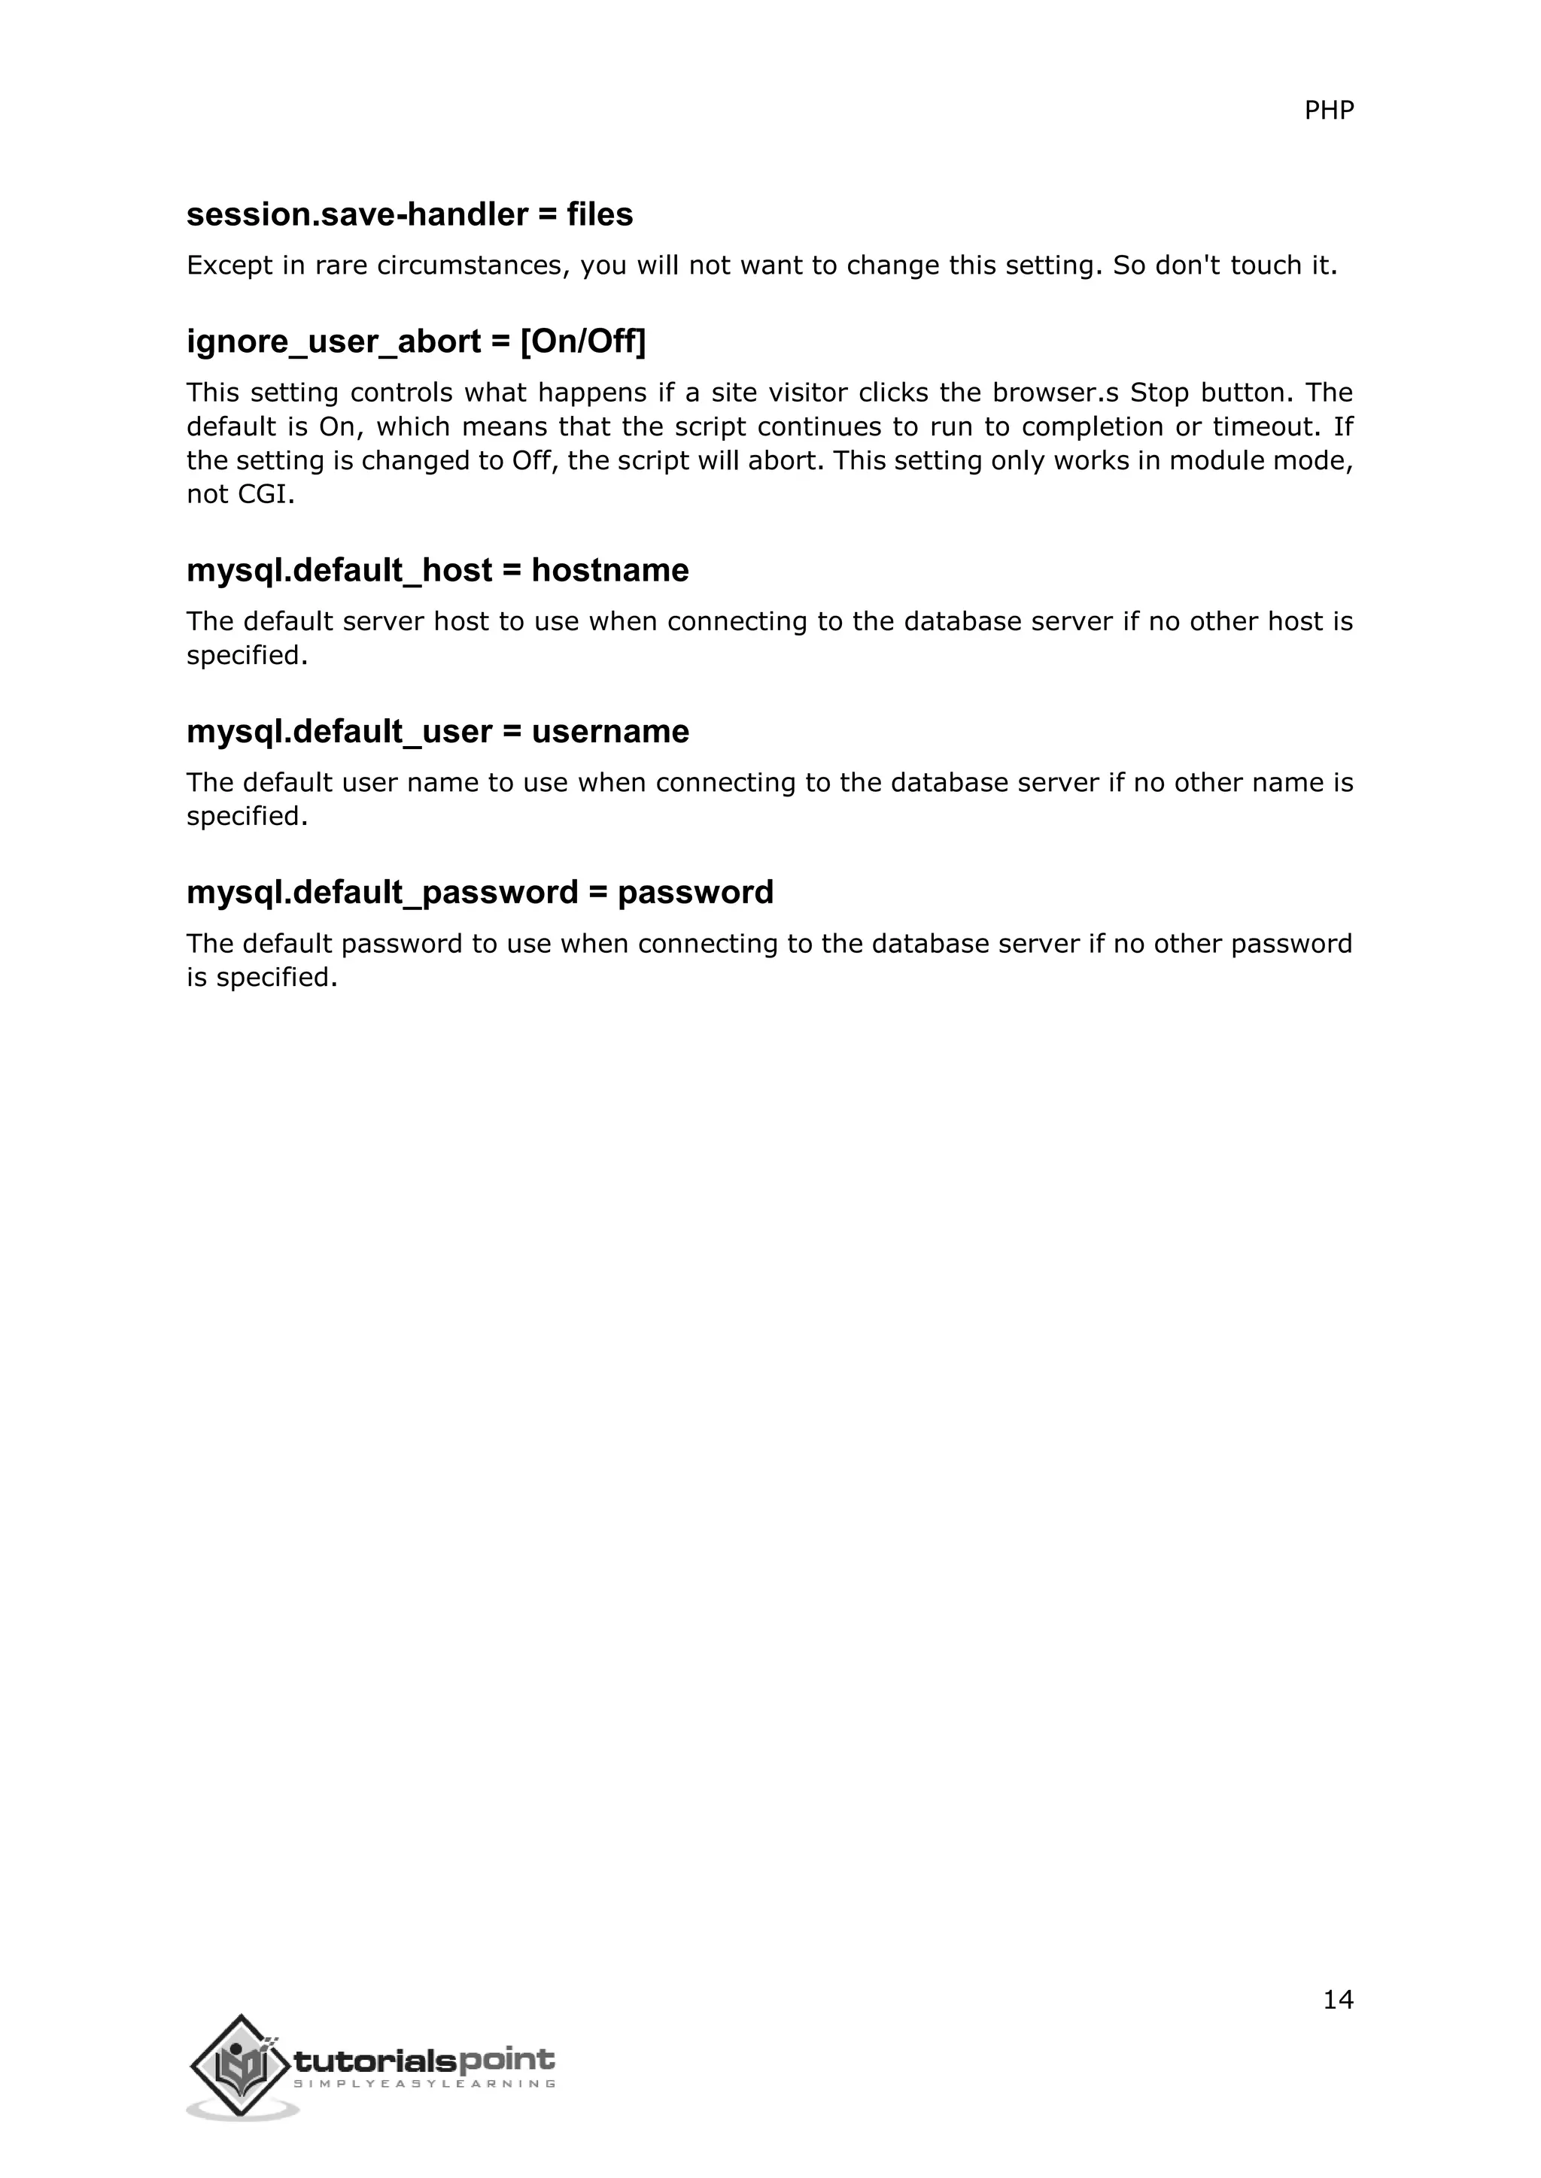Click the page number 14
[1337, 2000]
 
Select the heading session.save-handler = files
[409, 214]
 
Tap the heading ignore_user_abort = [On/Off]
[415, 341]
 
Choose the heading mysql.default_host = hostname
[437, 570]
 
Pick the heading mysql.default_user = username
[437, 731]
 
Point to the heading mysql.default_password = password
[479, 893]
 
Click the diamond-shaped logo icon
[240, 2066]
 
